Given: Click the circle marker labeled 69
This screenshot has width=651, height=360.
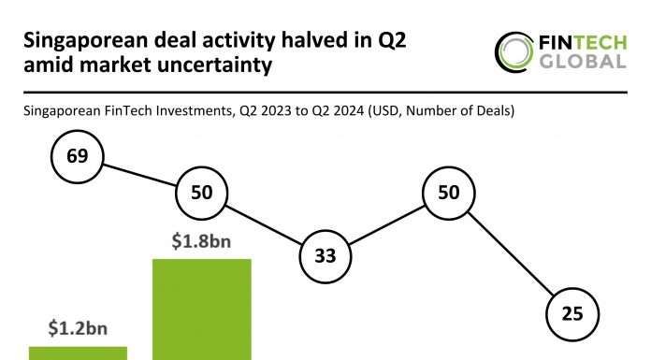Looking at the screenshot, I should (x=78, y=156).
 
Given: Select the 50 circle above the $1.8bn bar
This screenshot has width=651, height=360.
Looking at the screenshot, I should (x=201, y=193).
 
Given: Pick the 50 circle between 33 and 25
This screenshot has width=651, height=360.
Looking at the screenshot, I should (x=448, y=193).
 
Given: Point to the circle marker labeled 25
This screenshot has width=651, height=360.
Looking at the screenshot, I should (x=571, y=315).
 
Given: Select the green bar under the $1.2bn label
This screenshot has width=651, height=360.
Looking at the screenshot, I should (x=78, y=353).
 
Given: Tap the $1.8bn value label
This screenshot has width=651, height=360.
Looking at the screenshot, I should (x=201, y=241).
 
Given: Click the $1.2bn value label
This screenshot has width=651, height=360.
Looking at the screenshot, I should (x=78, y=329).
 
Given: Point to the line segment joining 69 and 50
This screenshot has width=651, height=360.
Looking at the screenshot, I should (x=139, y=174).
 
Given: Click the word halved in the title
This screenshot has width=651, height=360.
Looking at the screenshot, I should (x=287, y=40).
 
